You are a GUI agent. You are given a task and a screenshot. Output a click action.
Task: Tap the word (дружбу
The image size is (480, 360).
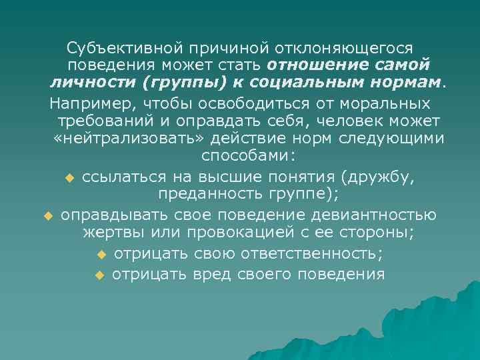tap(377, 177)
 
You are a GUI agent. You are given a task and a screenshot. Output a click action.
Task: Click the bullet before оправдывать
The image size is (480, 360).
tap(47, 216)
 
